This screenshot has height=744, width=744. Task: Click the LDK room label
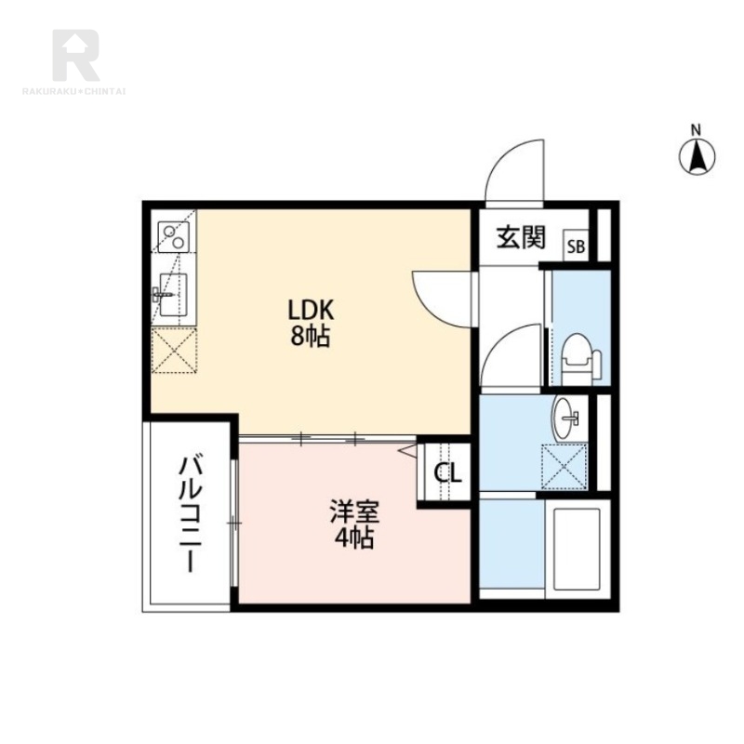point(311,311)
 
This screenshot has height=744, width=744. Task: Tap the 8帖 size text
point(311,337)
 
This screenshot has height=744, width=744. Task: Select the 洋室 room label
point(354,511)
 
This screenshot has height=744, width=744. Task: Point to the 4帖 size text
point(354,538)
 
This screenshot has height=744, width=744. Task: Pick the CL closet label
point(448,472)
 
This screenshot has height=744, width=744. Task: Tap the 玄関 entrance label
point(521,237)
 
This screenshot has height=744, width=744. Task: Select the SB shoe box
point(576,246)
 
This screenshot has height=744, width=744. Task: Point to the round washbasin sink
point(566,418)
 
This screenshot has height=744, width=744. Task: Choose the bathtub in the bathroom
point(577,549)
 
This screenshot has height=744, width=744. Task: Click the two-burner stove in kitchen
point(173,237)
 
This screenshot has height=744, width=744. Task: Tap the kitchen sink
point(172,294)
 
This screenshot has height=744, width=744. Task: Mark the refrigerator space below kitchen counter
point(174,351)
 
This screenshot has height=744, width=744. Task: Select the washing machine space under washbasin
point(565,467)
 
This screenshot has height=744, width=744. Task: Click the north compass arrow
point(697,156)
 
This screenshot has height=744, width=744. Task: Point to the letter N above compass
point(696,130)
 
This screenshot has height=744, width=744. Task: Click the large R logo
point(76,55)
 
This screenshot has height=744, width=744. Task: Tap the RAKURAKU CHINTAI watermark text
point(74,91)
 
